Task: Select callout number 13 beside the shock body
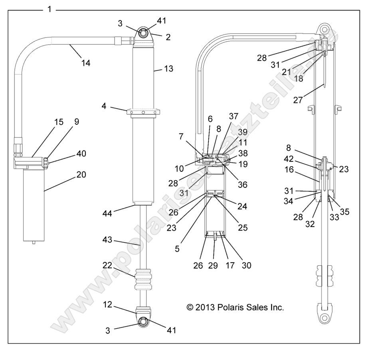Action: pyautogui.click(x=168, y=69)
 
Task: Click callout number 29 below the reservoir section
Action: pyautogui.click(x=213, y=265)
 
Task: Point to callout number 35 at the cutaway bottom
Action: pyautogui.click(x=344, y=212)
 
